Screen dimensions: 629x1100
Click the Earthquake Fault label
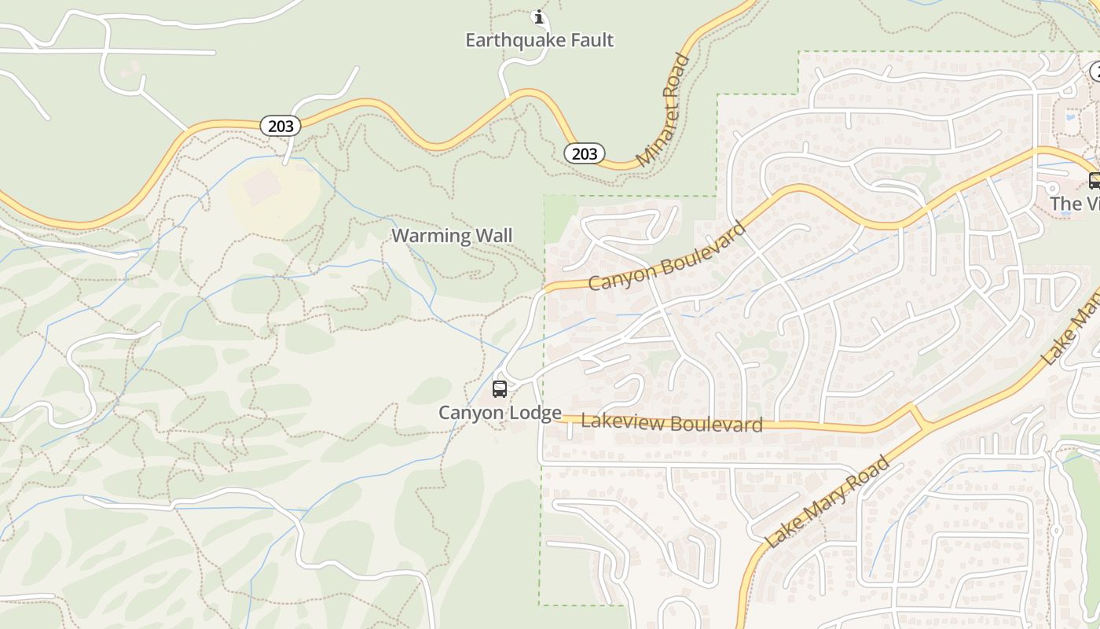(x=539, y=40)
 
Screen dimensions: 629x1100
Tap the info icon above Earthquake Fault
(x=539, y=17)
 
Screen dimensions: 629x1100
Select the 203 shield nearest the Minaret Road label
(x=584, y=153)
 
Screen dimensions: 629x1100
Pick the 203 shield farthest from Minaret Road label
(x=280, y=126)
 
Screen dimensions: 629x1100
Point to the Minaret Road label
(x=663, y=110)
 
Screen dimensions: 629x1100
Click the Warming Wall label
(x=452, y=235)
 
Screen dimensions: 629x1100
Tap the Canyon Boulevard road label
(x=666, y=257)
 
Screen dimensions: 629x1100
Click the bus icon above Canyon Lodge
(x=500, y=388)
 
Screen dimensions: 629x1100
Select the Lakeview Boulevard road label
(x=672, y=423)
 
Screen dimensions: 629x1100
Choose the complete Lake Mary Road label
(x=828, y=501)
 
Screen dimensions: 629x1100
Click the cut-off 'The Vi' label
(x=1075, y=204)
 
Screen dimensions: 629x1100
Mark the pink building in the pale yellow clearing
(x=262, y=187)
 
